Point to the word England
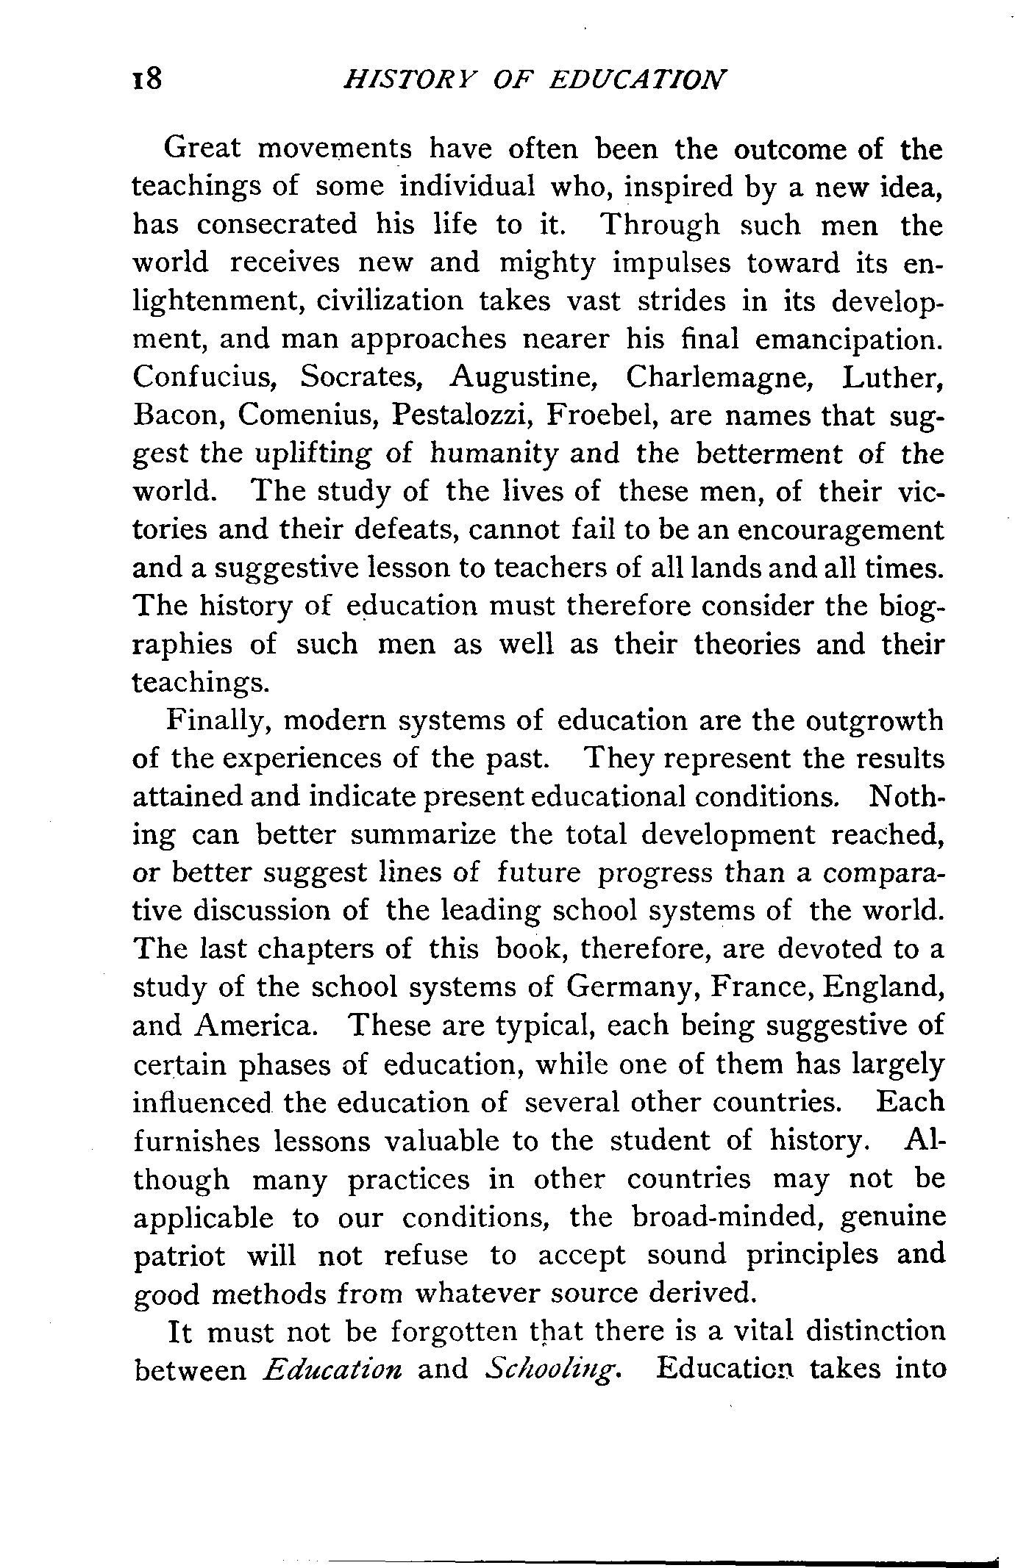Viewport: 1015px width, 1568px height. pyautogui.click(x=884, y=987)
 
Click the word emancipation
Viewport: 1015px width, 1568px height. pyautogui.click(x=848, y=340)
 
